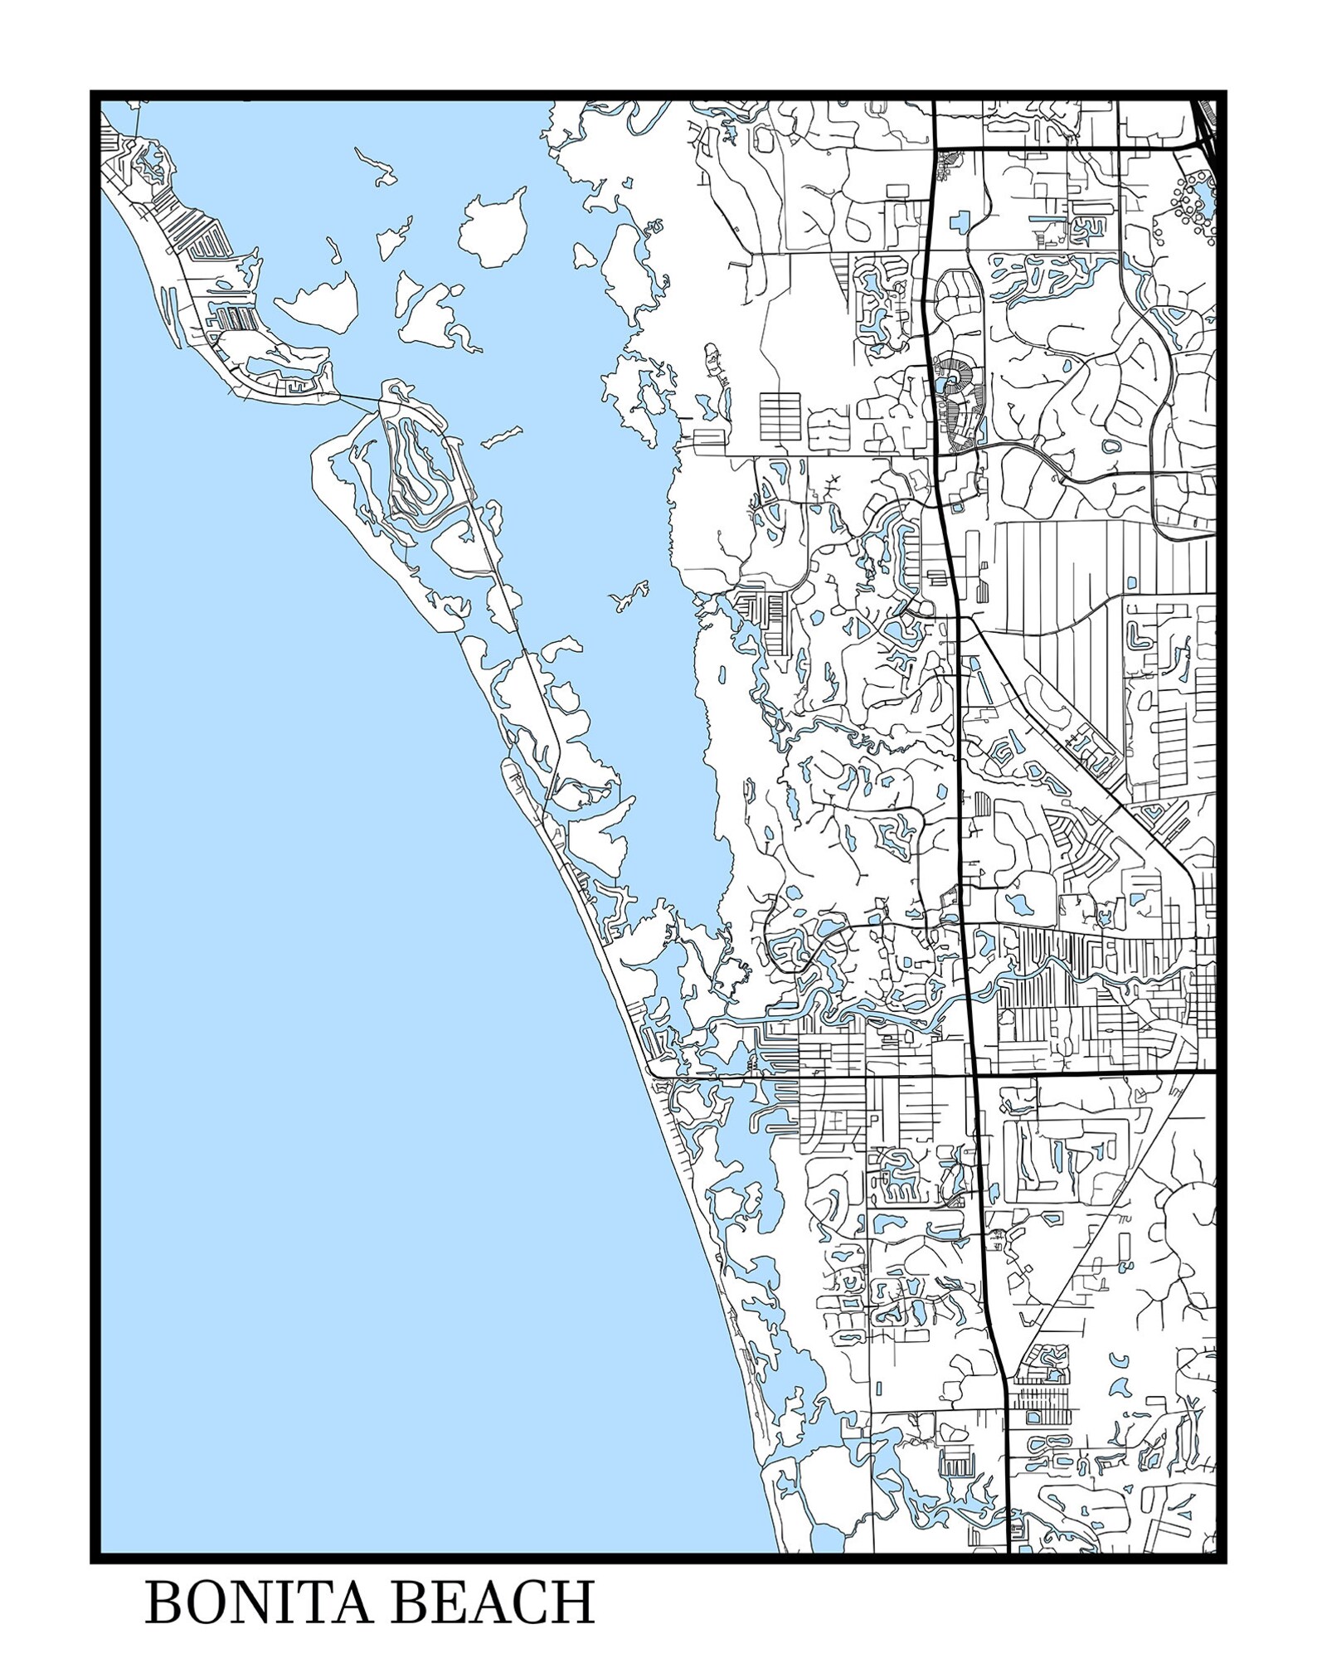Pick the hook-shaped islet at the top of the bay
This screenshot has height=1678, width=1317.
377,166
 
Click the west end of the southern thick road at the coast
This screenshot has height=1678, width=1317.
654,1076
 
